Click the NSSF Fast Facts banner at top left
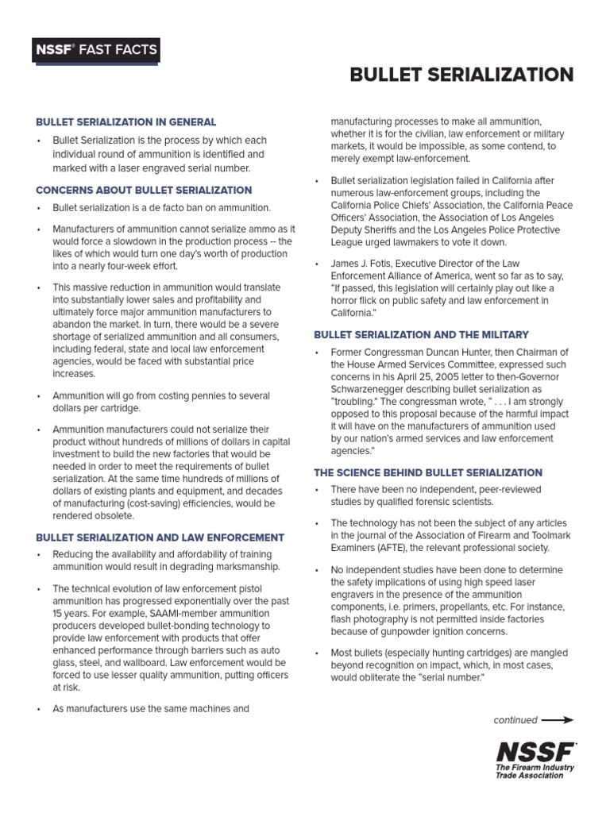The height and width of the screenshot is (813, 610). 95,51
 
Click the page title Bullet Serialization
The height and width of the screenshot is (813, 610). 461,75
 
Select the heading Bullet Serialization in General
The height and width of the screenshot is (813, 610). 125,122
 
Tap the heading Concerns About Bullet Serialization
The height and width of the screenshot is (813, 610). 144,191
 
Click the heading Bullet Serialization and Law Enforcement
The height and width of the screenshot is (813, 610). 160,538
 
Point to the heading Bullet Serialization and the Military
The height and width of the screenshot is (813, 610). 421,335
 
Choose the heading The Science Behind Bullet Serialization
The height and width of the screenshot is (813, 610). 428,472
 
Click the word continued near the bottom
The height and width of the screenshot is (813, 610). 515,720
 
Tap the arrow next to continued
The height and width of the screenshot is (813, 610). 557,720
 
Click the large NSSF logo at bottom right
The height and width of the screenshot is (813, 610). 535,750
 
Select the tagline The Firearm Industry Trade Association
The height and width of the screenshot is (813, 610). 535,772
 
